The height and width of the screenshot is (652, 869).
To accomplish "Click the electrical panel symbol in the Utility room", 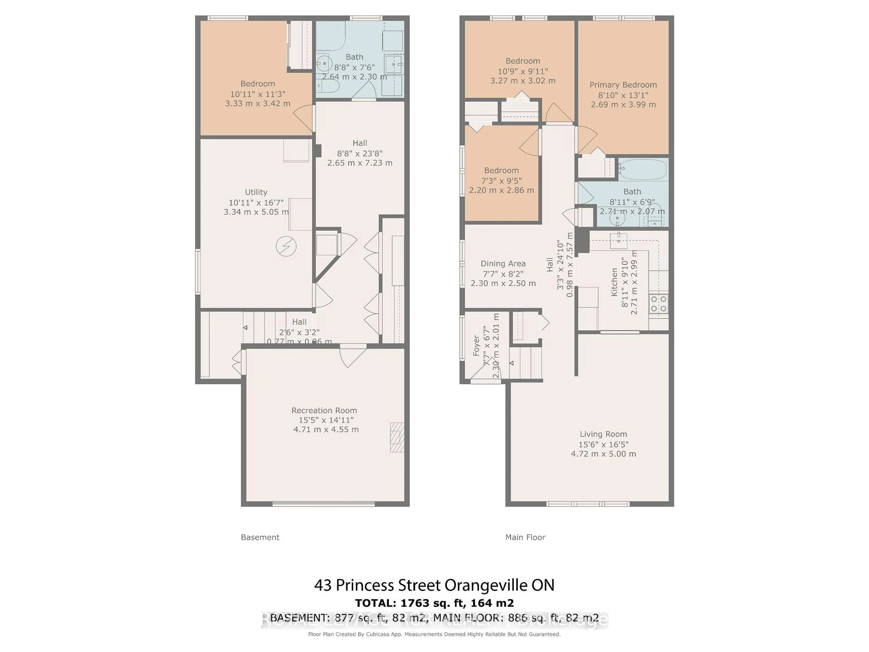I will [286, 246].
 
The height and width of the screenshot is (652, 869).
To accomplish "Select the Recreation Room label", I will [324, 410].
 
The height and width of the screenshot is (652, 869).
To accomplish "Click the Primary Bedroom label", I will [623, 85].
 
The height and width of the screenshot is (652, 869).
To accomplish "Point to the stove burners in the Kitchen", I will [659, 304].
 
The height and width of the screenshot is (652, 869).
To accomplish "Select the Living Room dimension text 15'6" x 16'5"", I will [603, 444].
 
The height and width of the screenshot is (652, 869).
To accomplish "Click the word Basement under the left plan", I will [260, 537].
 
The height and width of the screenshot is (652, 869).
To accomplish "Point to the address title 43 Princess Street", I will [434, 585].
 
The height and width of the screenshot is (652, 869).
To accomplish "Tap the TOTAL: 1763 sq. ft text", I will [434, 603].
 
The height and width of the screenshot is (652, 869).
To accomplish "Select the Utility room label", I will [256, 192].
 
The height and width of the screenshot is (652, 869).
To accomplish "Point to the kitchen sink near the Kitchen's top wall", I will [618, 240].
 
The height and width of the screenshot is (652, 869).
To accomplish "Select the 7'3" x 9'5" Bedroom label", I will [501, 170].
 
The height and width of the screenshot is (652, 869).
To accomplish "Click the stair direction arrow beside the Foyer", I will [511, 363].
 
